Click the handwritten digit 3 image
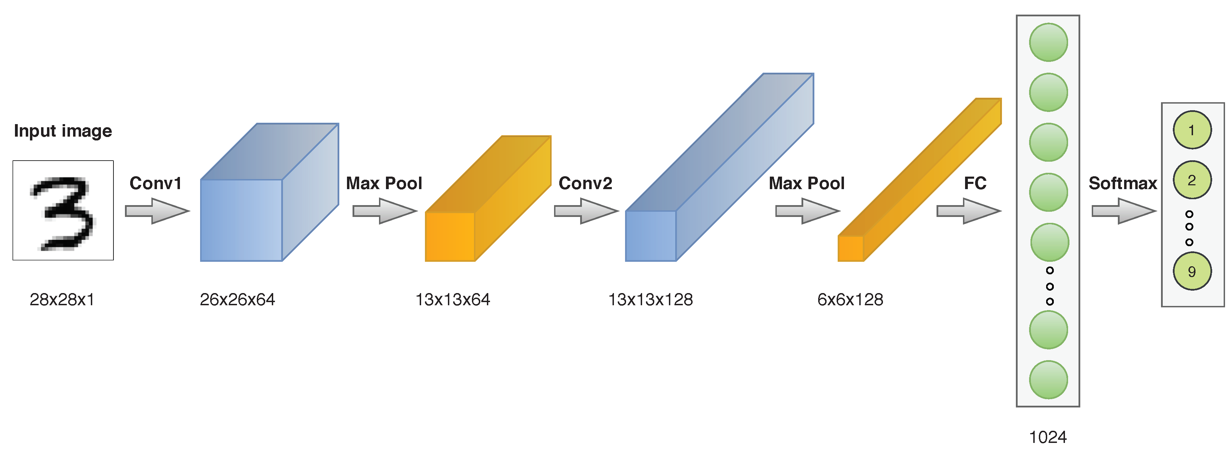63,210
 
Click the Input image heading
63,131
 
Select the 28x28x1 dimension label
62,300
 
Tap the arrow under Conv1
157,211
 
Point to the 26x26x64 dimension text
237,300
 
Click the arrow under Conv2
586,211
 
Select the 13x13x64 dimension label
452,300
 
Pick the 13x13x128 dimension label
650,300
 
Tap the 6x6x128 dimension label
850,300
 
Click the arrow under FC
969,211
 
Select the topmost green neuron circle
1048,42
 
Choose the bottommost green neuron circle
1048,380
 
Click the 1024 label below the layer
1048,437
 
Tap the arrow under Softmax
1123,211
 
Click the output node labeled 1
1192,130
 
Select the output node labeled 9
1192,272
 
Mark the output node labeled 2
1192,180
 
